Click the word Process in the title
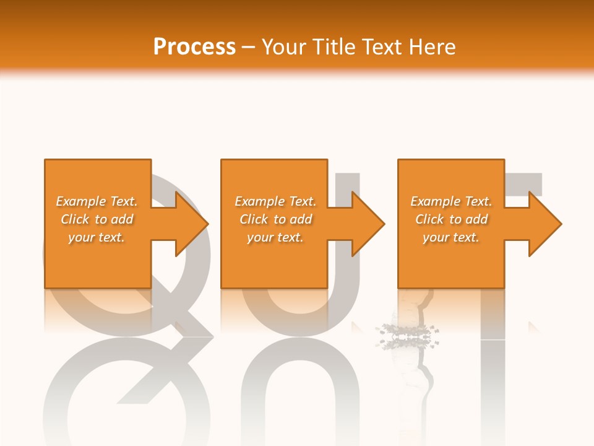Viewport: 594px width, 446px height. [194, 47]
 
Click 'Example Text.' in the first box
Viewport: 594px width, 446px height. [97, 201]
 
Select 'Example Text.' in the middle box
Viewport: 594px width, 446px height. [275, 201]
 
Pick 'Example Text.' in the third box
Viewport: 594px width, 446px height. [451, 201]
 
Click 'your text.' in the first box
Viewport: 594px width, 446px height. [97, 237]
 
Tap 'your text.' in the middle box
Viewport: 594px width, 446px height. [275, 237]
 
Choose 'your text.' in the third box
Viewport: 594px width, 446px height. [451, 237]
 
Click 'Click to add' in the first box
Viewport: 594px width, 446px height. [97, 219]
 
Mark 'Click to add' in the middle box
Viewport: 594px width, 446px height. [275, 219]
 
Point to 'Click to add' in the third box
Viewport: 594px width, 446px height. [451, 219]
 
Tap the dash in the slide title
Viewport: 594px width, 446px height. [249, 47]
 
